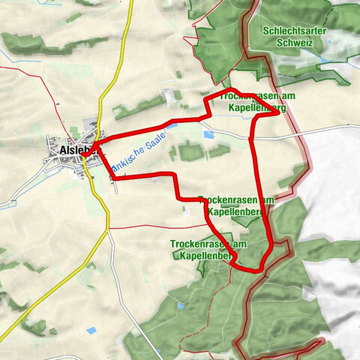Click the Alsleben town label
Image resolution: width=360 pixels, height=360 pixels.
click(75, 151)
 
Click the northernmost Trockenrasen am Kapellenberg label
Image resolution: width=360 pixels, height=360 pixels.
click(253, 103)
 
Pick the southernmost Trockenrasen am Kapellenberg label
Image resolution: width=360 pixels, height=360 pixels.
click(208, 250)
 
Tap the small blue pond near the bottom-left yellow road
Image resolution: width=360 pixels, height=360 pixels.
click(91, 331)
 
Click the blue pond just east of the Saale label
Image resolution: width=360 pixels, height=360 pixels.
click(208, 135)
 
